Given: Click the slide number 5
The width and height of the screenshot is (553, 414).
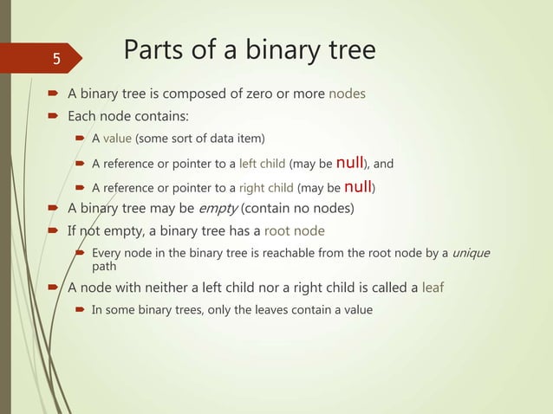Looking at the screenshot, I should pos(55,60).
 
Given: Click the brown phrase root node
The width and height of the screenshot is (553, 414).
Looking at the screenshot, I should pos(295,230).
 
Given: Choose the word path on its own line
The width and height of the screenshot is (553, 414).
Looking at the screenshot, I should pos(104,267).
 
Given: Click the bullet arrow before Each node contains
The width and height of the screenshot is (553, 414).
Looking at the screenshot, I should pos(53,115).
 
